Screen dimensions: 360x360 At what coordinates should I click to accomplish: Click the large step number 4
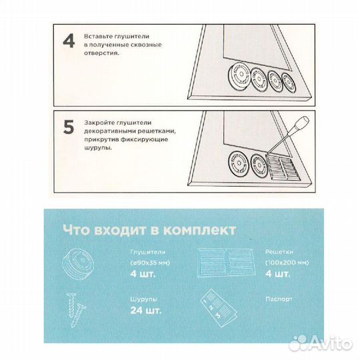[69, 41]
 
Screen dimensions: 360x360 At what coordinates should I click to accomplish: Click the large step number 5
[69, 127]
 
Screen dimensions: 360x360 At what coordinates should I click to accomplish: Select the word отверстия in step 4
[101, 53]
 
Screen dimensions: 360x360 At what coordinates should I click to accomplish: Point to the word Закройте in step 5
[99, 123]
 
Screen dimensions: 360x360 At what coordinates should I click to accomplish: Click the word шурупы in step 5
[98, 147]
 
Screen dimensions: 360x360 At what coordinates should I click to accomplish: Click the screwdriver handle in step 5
[301, 124]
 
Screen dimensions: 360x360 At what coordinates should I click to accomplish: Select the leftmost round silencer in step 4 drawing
[239, 75]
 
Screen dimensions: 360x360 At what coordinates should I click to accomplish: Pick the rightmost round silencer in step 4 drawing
[289, 83]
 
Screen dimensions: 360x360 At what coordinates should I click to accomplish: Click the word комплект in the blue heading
[200, 230]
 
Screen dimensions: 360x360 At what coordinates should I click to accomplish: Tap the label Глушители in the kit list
[148, 252]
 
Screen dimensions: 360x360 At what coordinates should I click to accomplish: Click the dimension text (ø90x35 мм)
[150, 263]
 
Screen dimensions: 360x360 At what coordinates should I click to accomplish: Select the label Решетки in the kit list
[279, 252]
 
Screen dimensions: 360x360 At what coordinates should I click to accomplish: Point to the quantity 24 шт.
[146, 311]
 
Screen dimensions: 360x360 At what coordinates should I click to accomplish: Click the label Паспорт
[279, 299]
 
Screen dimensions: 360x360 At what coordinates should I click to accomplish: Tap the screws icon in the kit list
[75, 309]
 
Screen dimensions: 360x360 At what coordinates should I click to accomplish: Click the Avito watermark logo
[321, 343]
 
